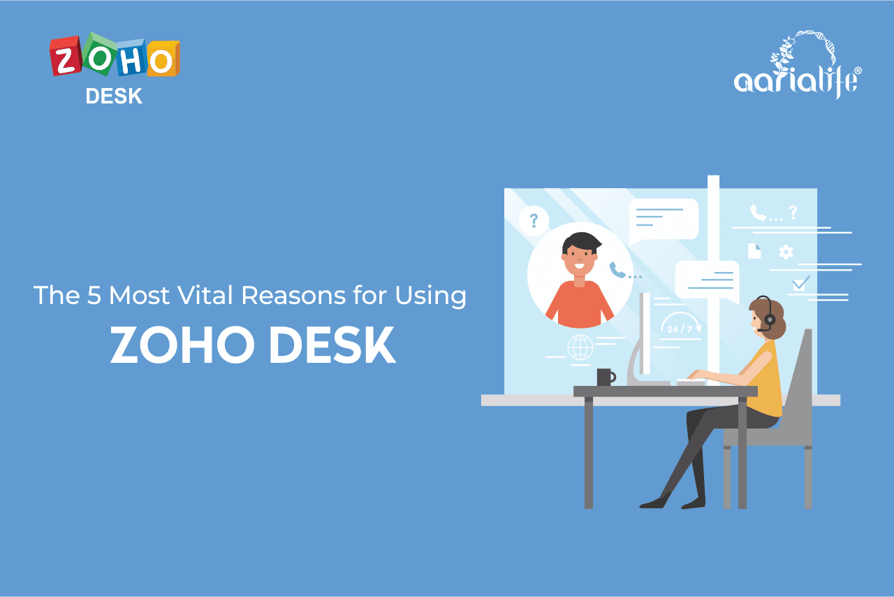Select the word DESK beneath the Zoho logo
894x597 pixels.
tap(114, 97)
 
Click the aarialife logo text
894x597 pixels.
tap(796, 80)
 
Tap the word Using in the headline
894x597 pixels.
tap(430, 296)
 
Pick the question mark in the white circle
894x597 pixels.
tap(534, 221)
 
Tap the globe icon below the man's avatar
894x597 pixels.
tap(580, 347)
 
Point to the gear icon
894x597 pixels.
tap(786, 252)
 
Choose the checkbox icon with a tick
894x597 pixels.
tap(800, 283)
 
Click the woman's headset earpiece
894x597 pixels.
tap(768, 319)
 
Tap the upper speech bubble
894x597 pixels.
tap(664, 219)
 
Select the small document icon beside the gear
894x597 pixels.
tap(754, 251)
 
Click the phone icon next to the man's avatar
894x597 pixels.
tap(617, 270)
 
